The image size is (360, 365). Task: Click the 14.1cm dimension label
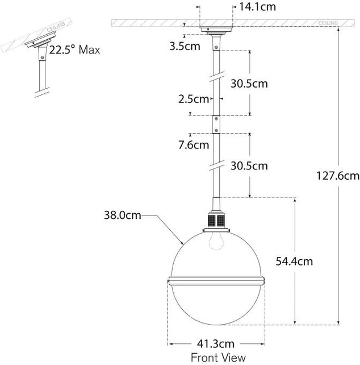tap(257, 7)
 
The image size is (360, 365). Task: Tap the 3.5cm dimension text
tap(185, 46)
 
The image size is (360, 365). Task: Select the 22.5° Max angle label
tap(74, 50)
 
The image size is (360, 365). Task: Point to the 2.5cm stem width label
tap(194, 99)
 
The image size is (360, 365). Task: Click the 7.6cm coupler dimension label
tap(194, 145)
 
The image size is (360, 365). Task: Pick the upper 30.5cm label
tap(249, 84)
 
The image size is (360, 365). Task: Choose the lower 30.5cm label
tap(249, 166)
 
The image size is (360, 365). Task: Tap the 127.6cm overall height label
tap(338, 176)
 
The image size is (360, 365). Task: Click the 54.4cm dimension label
tap(294, 262)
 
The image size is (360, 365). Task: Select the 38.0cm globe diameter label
tap(122, 215)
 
